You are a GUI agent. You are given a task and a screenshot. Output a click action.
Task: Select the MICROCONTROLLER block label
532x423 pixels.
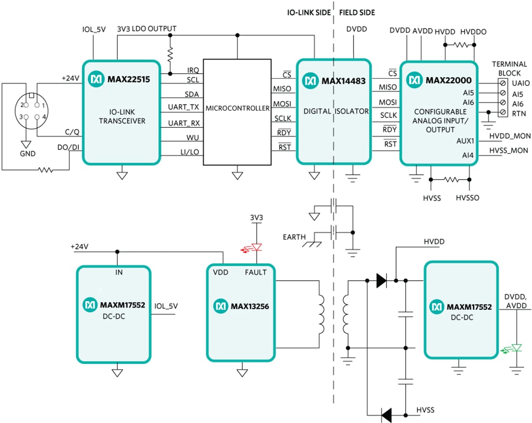[x=237, y=108]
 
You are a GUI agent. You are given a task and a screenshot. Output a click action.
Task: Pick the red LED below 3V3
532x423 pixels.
[x=256, y=247]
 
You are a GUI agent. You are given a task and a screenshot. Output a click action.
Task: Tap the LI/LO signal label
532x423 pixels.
[x=189, y=152]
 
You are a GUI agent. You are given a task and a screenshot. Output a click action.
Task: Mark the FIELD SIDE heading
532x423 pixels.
[x=357, y=13]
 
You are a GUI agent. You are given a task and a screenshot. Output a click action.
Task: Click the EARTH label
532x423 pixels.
[x=295, y=237]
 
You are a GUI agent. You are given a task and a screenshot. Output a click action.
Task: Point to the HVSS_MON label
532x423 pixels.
[x=509, y=151]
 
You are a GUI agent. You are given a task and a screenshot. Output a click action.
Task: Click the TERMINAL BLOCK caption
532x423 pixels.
[x=506, y=69]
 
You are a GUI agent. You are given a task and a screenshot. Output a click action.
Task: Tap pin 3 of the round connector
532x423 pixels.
[x=22, y=117]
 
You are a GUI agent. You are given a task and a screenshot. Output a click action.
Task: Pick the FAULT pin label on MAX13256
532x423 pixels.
[x=255, y=272]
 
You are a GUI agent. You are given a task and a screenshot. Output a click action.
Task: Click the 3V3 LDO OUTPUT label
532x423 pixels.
[x=147, y=29]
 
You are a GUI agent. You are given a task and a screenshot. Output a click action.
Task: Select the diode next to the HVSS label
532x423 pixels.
[x=386, y=415]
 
